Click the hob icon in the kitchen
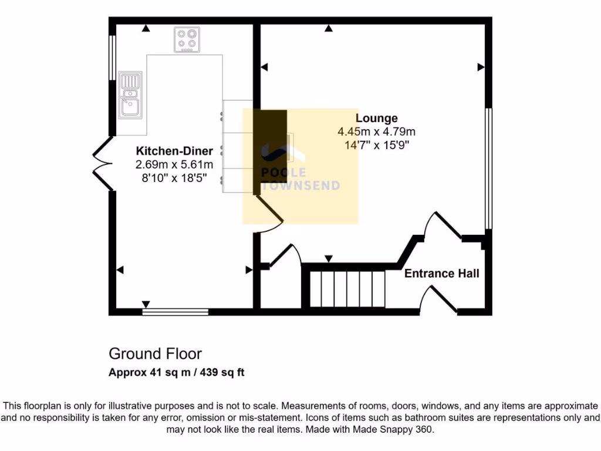coord(187,39)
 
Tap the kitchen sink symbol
coord(130,95)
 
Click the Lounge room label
coord(376,119)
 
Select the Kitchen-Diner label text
coord(174,150)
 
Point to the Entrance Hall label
coord(442,273)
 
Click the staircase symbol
coord(346,288)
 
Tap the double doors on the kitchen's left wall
coord(103,164)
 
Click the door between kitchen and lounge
coord(269,213)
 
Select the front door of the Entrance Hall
coord(439,299)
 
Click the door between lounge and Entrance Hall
coord(444,226)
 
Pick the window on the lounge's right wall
coord(488,169)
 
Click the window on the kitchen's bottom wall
coord(175,311)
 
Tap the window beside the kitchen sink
coord(112,58)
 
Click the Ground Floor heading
coord(155,354)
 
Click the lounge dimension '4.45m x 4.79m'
coord(376,132)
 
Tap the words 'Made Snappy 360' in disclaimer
coord(397,430)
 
